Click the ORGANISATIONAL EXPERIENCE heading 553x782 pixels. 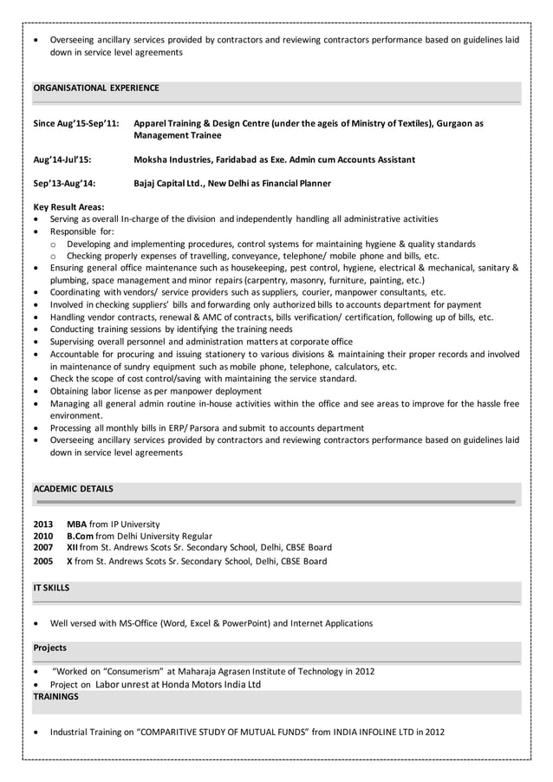click(x=95, y=88)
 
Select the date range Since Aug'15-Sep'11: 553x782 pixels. click(x=75, y=124)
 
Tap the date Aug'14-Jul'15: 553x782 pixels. click(x=62, y=160)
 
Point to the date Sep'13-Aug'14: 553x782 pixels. click(x=64, y=183)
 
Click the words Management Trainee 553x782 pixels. click(x=178, y=136)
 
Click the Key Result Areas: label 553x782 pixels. click(x=68, y=207)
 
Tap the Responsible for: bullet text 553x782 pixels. click(x=88, y=231)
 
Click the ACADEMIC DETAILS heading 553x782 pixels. click(x=73, y=489)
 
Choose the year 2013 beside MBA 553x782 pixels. click(x=42, y=524)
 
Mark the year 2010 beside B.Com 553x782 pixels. click(x=42, y=536)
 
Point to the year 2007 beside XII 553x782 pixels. click(x=42, y=548)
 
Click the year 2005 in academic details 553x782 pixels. click(x=42, y=561)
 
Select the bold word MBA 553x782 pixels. click(x=77, y=524)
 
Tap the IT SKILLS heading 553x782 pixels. click(x=51, y=588)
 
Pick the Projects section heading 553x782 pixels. click(x=49, y=648)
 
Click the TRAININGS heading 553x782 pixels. click(x=55, y=696)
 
